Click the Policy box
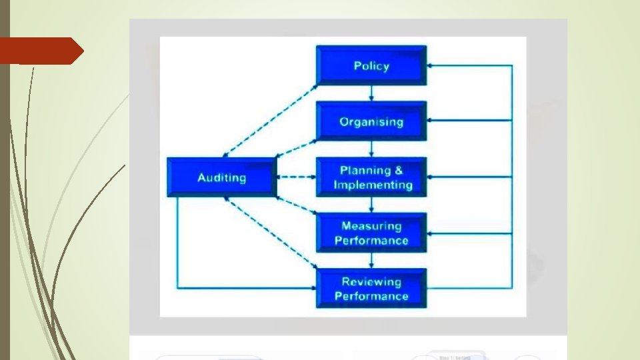(x=371, y=65)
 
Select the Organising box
(x=371, y=121)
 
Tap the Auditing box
(x=221, y=177)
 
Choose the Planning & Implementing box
(x=371, y=177)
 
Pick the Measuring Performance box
(x=371, y=233)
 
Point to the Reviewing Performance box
(x=371, y=289)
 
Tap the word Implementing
(x=373, y=185)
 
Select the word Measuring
(x=371, y=227)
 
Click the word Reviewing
(x=371, y=282)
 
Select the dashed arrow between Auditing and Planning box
(x=295, y=177)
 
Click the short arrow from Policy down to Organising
(x=371, y=93)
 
